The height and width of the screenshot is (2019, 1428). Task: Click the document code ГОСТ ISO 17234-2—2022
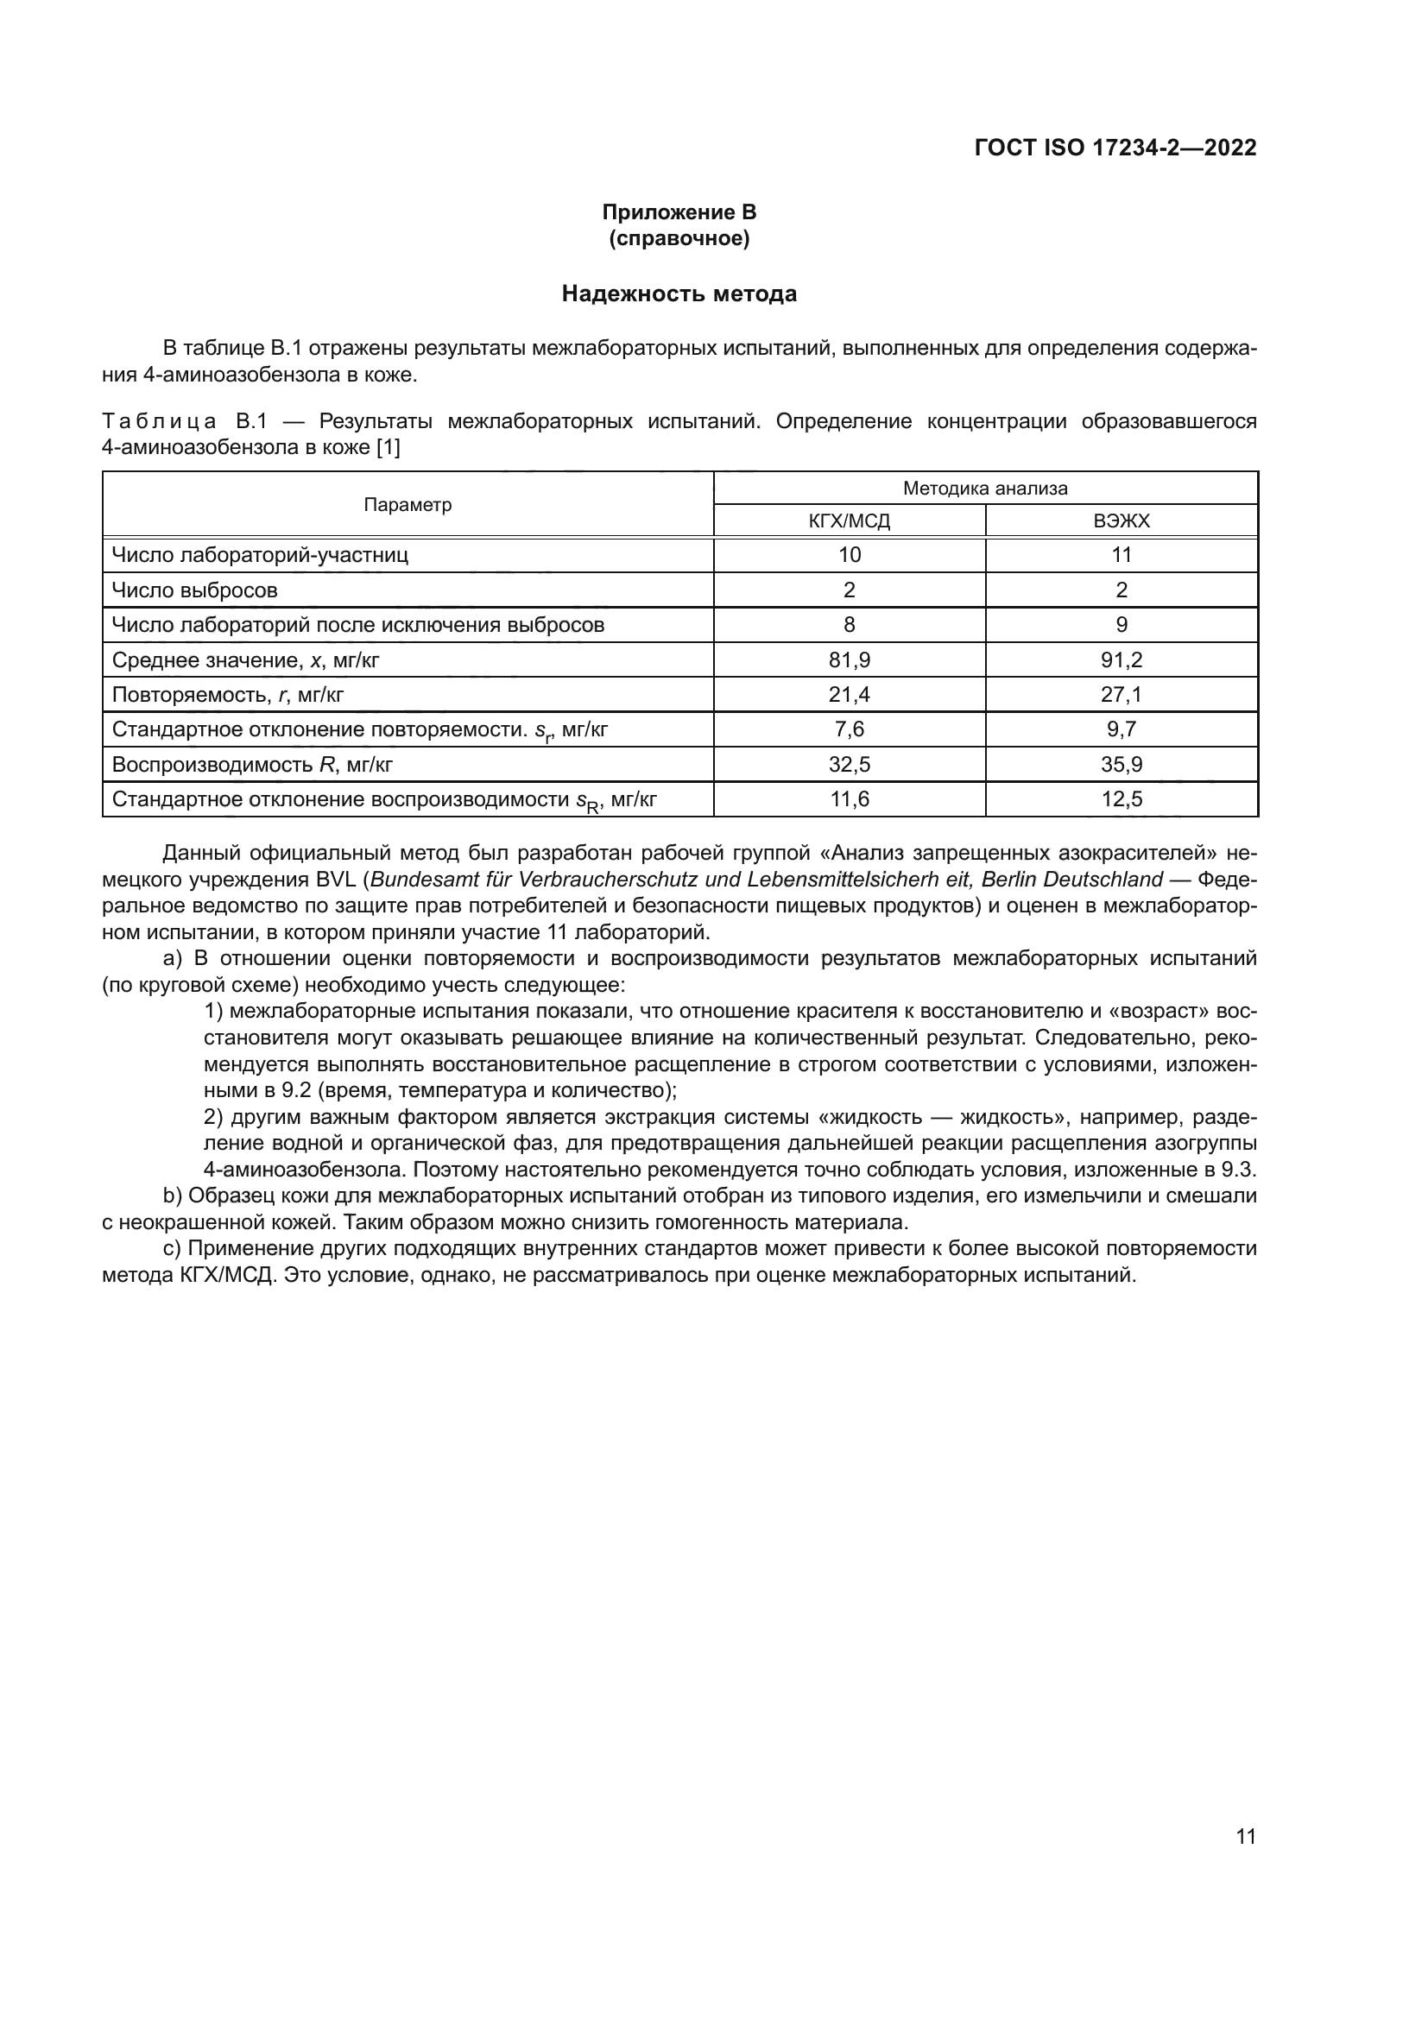[1115, 148]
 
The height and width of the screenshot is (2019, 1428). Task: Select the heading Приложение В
[679, 212]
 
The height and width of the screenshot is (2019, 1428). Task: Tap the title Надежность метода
[679, 293]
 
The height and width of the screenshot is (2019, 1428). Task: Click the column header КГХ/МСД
[849, 521]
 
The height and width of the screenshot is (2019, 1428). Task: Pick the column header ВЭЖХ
[1122, 521]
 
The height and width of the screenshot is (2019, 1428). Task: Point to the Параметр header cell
[408, 505]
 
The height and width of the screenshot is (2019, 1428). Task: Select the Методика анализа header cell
[985, 488]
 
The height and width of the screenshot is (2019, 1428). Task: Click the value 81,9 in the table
[849, 659]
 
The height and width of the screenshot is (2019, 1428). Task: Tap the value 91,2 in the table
[1122, 659]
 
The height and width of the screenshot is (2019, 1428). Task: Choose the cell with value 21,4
[849, 695]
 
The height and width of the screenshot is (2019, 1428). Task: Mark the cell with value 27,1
[1122, 695]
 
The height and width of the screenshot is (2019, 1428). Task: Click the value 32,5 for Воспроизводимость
[849, 764]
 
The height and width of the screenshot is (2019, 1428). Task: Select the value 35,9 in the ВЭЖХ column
[1122, 764]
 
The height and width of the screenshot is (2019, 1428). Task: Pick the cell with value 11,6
[849, 799]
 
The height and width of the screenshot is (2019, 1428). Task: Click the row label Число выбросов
[194, 590]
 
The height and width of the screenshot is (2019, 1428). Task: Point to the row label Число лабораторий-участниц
[259, 555]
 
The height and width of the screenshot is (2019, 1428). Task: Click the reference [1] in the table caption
[388, 448]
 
